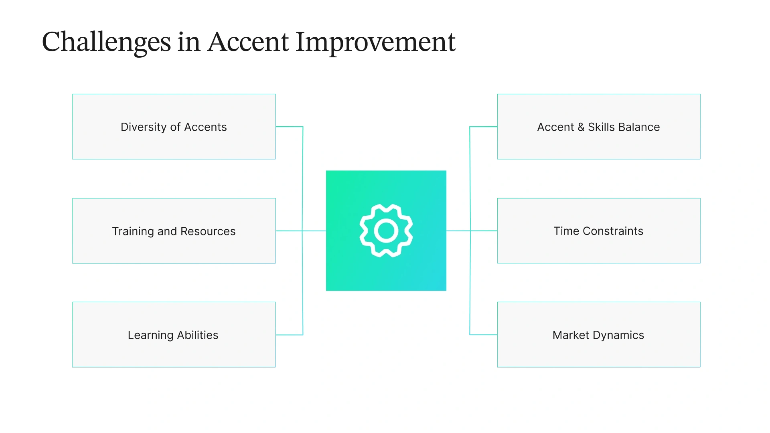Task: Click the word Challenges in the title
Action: [x=106, y=42]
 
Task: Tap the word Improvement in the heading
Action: [x=375, y=42]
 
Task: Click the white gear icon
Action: [x=386, y=231]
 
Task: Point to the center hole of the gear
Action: [x=386, y=231]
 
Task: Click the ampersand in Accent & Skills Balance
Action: [x=581, y=127]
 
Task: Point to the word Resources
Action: [x=208, y=231]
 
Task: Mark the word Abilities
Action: [x=198, y=335]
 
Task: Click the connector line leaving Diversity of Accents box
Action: [x=289, y=127]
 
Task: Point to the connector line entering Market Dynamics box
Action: [x=484, y=334]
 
